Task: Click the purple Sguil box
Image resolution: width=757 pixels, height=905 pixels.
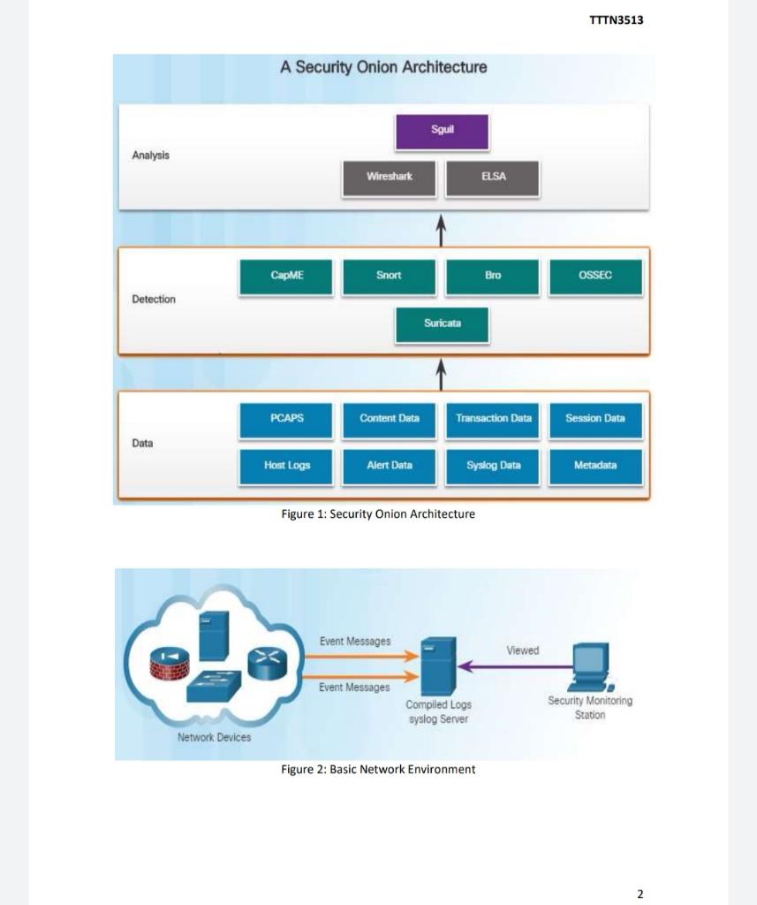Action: coord(442,131)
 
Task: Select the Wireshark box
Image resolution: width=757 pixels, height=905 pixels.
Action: coord(390,178)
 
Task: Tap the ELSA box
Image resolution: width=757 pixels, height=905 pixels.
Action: coord(493,178)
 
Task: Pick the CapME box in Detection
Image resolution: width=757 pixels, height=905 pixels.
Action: coord(286,277)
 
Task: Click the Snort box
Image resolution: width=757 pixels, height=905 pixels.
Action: coord(389,277)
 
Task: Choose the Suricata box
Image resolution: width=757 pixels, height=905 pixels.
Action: coord(442,324)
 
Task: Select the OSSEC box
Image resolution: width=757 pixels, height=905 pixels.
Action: coord(595,277)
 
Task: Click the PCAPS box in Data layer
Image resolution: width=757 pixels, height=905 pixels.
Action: coord(286,420)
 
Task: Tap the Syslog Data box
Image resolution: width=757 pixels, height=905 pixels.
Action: coord(493,466)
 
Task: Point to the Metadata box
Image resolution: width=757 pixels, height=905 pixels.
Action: coord(595,466)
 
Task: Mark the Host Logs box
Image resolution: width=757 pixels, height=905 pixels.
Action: coord(286,466)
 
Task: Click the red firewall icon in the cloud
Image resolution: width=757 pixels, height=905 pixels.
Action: coord(170,664)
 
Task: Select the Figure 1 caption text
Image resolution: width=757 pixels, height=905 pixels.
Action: coord(378,514)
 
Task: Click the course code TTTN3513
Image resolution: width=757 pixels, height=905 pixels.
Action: coord(616,20)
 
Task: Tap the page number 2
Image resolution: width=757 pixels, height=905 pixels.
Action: coord(640,894)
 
